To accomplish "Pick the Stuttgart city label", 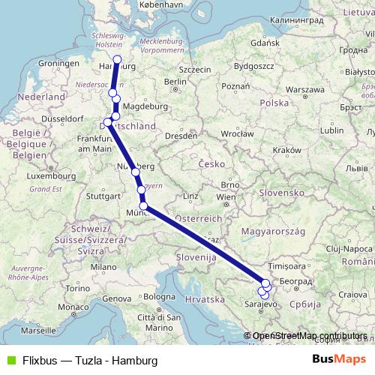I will (103, 196).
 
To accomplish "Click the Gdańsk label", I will (265, 43).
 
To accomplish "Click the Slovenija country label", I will (197, 256).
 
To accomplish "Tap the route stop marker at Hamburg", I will (117, 59).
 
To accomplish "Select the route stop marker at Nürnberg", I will (136, 172).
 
